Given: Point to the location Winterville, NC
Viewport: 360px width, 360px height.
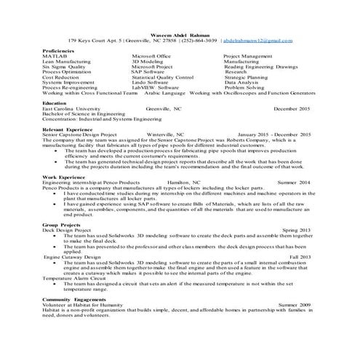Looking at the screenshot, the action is [x=166, y=135].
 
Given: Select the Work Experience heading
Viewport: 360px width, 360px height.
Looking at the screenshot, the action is [x=62, y=176].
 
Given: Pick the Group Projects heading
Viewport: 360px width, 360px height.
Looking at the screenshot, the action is [x=60, y=225].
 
